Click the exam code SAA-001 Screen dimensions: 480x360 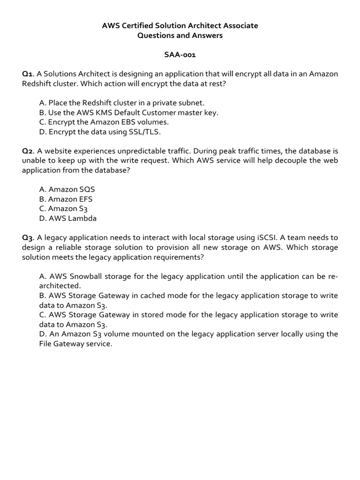click(x=180, y=55)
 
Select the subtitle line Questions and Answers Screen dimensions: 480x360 click(x=180, y=36)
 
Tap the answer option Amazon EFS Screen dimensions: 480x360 click(x=66, y=199)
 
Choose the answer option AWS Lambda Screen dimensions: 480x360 click(x=68, y=218)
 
